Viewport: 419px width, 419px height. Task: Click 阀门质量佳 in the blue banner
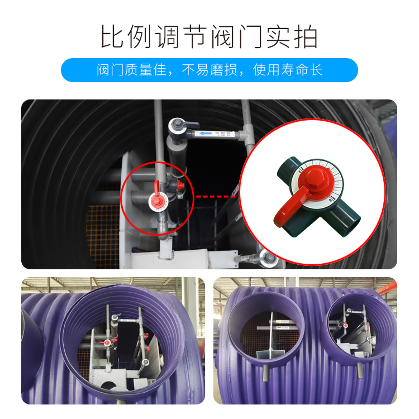coord(131,70)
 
